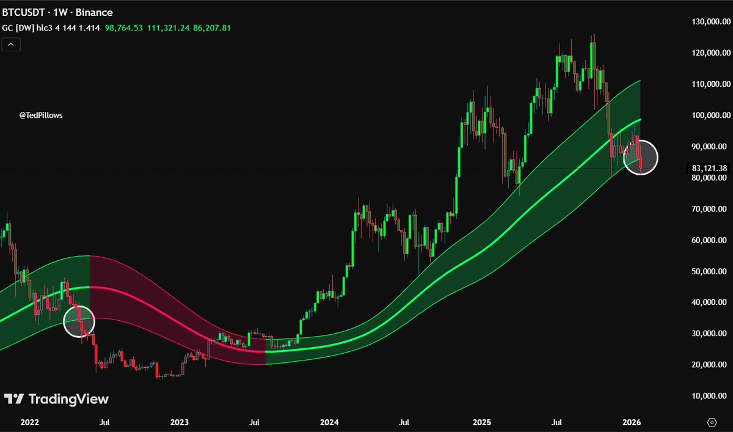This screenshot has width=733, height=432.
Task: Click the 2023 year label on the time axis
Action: click(180, 422)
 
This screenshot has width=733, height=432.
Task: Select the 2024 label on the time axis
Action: click(329, 422)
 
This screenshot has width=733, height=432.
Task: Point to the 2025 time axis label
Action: click(482, 422)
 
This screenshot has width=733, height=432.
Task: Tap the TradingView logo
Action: click(56, 399)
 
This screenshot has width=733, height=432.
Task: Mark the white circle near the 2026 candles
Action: click(641, 157)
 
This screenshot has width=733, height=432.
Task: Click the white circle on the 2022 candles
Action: click(79, 320)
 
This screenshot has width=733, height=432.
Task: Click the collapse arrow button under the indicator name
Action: click(11, 44)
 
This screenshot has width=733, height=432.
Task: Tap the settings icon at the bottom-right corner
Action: click(711, 422)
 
